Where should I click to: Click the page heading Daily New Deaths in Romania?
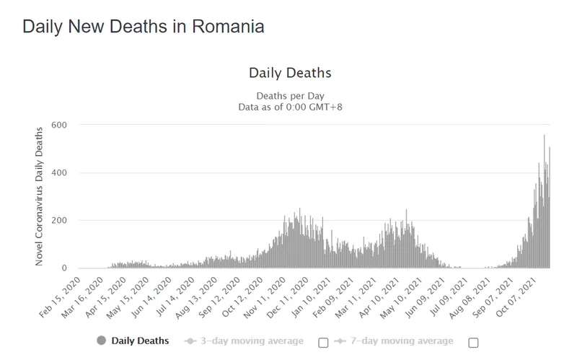(143, 27)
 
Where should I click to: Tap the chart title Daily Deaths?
(289, 73)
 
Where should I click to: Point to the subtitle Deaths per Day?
(289, 96)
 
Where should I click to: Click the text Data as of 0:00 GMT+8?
(289, 107)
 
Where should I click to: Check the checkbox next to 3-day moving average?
(323, 342)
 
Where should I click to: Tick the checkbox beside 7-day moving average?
(473, 342)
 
